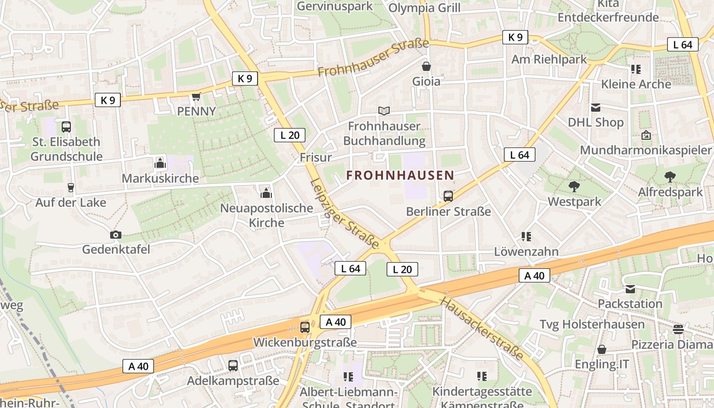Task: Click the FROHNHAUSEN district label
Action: tap(400, 175)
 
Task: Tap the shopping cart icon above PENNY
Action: tap(196, 96)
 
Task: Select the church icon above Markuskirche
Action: tap(160, 164)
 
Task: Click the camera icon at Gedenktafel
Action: tap(116, 235)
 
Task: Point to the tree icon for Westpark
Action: tap(574, 187)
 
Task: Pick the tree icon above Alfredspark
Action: tap(670, 177)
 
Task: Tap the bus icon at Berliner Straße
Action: tap(448, 196)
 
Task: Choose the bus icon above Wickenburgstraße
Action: tap(305, 327)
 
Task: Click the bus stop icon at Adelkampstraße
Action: tap(233, 365)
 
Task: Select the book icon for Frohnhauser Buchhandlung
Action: tap(384, 111)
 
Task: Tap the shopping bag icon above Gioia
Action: tap(426, 66)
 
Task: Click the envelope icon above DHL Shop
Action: tap(596, 108)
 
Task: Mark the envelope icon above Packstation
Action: tap(630, 289)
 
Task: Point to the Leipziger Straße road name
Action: tap(345, 214)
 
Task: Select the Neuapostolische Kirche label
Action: tap(266, 215)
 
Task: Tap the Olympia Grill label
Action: tap(424, 8)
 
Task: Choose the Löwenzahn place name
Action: tap(526, 251)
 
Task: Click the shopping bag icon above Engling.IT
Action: tap(602, 349)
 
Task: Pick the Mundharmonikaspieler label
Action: tap(645, 150)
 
